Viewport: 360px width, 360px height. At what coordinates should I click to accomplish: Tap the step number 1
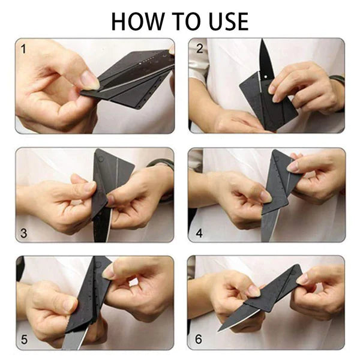(x=23, y=49)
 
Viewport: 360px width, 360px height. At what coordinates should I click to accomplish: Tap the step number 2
(x=199, y=49)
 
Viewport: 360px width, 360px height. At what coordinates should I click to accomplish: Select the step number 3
(x=24, y=233)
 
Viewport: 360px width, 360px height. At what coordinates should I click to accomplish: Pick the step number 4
(x=198, y=233)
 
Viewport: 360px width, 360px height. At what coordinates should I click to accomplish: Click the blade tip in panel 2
(x=263, y=43)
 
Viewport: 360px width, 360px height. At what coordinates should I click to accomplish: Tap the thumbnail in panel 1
(x=89, y=79)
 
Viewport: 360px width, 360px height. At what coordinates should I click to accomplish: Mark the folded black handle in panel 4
(x=277, y=180)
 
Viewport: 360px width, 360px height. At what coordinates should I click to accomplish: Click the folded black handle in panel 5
(x=90, y=288)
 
